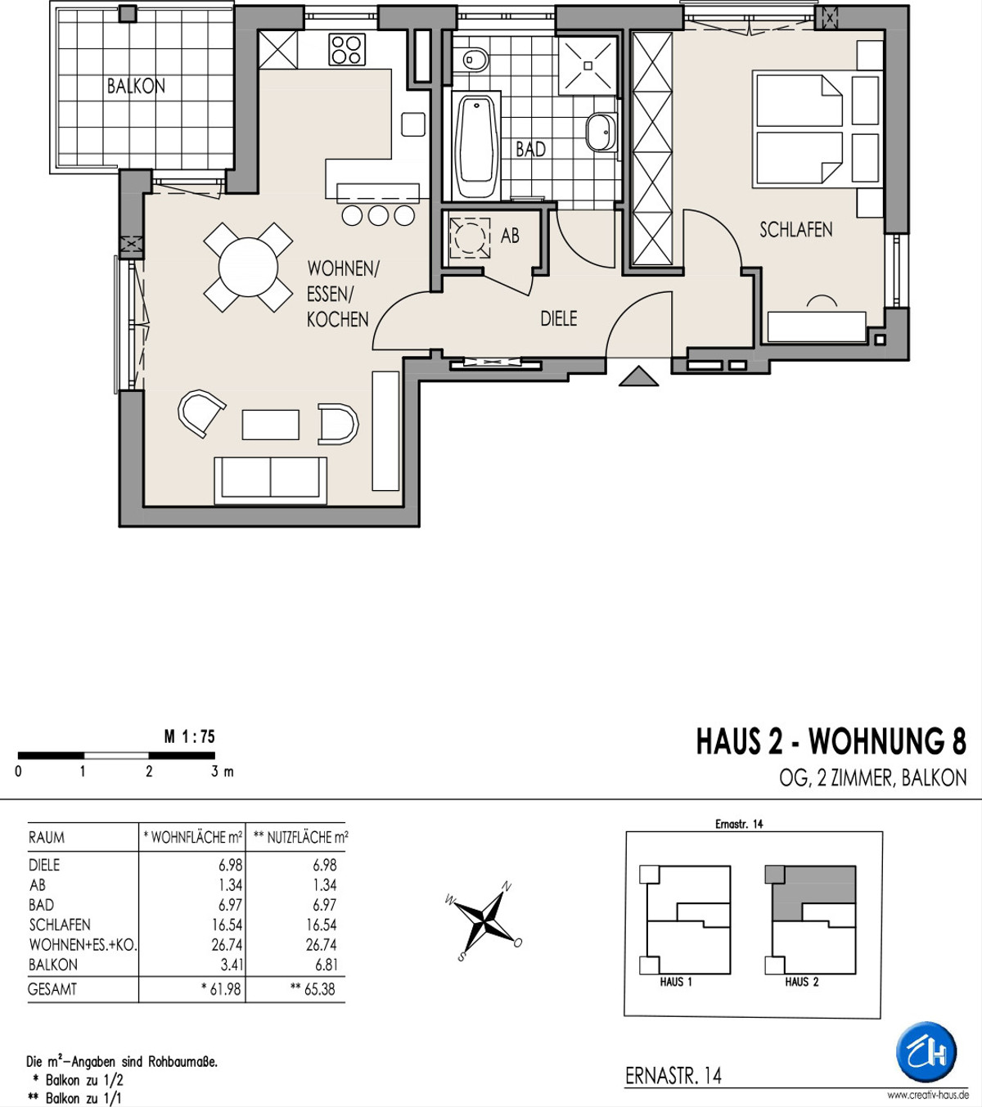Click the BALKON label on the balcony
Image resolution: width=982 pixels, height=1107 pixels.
point(136,87)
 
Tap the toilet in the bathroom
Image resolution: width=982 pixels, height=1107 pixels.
point(475,60)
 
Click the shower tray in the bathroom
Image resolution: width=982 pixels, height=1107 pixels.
point(588,65)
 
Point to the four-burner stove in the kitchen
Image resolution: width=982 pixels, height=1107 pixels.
point(347,50)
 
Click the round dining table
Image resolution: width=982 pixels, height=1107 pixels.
point(248,268)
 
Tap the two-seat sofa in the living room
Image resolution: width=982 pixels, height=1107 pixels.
point(271,481)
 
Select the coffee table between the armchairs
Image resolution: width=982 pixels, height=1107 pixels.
point(271,425)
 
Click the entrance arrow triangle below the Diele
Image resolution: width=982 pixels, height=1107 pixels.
point(638,377)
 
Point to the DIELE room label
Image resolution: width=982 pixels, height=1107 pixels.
point(558,318)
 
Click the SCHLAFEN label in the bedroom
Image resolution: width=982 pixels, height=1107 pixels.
point(796,229)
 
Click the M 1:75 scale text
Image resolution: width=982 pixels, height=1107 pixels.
point(190,736)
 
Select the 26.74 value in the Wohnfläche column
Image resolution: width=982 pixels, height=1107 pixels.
point(227,945)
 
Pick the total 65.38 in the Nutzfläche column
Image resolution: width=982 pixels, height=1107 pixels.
point(320,989)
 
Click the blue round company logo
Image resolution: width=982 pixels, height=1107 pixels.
point(926,1052)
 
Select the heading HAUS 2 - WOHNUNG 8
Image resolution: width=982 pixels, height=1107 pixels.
point(831,742)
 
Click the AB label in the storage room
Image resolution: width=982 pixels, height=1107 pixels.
point(510,236)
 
